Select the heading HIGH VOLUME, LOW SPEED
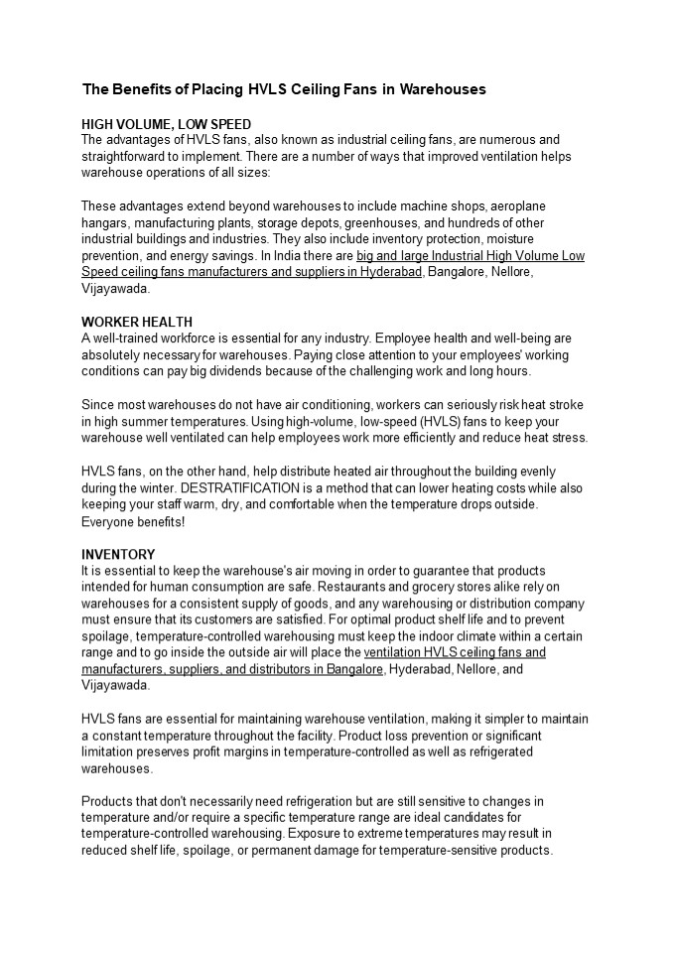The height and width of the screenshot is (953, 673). tap(166, 125)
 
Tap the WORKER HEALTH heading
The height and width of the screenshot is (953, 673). tap(137, 323)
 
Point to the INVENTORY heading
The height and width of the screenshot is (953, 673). tap(118, 554)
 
